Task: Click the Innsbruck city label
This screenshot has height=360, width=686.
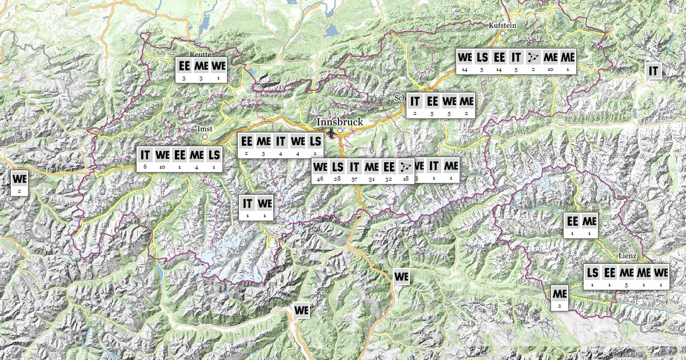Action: pyautogui.click(x=340, y=122)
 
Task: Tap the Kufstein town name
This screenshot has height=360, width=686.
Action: pyautogui.click(x=503, y=26)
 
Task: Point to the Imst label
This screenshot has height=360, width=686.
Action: pyautogui.click(x=204, y=129)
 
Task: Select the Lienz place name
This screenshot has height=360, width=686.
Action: pyautogui.click(x=627, y=255)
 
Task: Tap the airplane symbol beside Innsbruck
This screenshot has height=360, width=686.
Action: pyautogui.click(x=330, y=133)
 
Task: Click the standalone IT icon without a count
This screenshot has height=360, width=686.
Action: pyautogui.click(x=653, y=71)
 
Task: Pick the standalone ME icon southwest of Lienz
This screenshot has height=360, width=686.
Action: pyautogui.click(x=560, y=294)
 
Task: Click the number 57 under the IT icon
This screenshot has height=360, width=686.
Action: pyautogui.click(x=354, y=179)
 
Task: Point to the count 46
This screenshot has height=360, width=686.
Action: pyautogui.click(x=320, y=179)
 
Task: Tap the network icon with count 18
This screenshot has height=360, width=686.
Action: pyautogui.click(x=406, y=167)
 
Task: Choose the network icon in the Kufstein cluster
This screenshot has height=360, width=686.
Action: pyautogui.click(x=533, y=57)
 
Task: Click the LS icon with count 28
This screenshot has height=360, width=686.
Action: pyautogui.click(x=337, y=167)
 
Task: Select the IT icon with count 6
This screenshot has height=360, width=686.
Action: pyautogui.click(x=145, y=154)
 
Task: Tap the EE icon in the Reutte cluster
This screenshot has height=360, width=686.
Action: pyautogui.click(x=184, y=65)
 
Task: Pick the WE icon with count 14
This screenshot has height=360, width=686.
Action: pyautogui.click(x=465, y=57)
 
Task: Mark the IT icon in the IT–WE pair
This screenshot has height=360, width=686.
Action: pyautogui.click(x=248, y=203)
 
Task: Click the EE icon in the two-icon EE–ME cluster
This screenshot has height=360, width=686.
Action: pyautogui.click(x=572, y=221)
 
